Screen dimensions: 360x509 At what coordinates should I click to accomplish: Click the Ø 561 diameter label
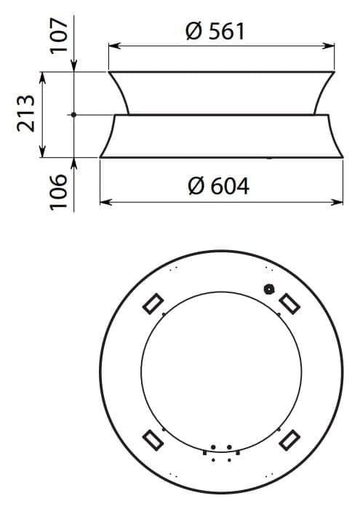point(215,31)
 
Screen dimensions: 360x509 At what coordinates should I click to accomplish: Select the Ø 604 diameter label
point(218,186)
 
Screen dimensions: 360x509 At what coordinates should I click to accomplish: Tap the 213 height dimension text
point(25,113)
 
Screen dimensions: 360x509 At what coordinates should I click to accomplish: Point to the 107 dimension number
point(59,36)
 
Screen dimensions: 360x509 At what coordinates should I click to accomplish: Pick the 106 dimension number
point(59,192)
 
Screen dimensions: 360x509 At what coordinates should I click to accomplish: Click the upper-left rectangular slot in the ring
point(153,304)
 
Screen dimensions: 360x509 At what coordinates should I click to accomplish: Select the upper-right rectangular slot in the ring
point(289,304)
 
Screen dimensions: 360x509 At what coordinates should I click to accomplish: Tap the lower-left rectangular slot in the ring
point(153,440)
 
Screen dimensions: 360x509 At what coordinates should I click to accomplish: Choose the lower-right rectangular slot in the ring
point(289,440)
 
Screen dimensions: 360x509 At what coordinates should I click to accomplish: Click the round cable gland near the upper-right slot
point(269,289)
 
